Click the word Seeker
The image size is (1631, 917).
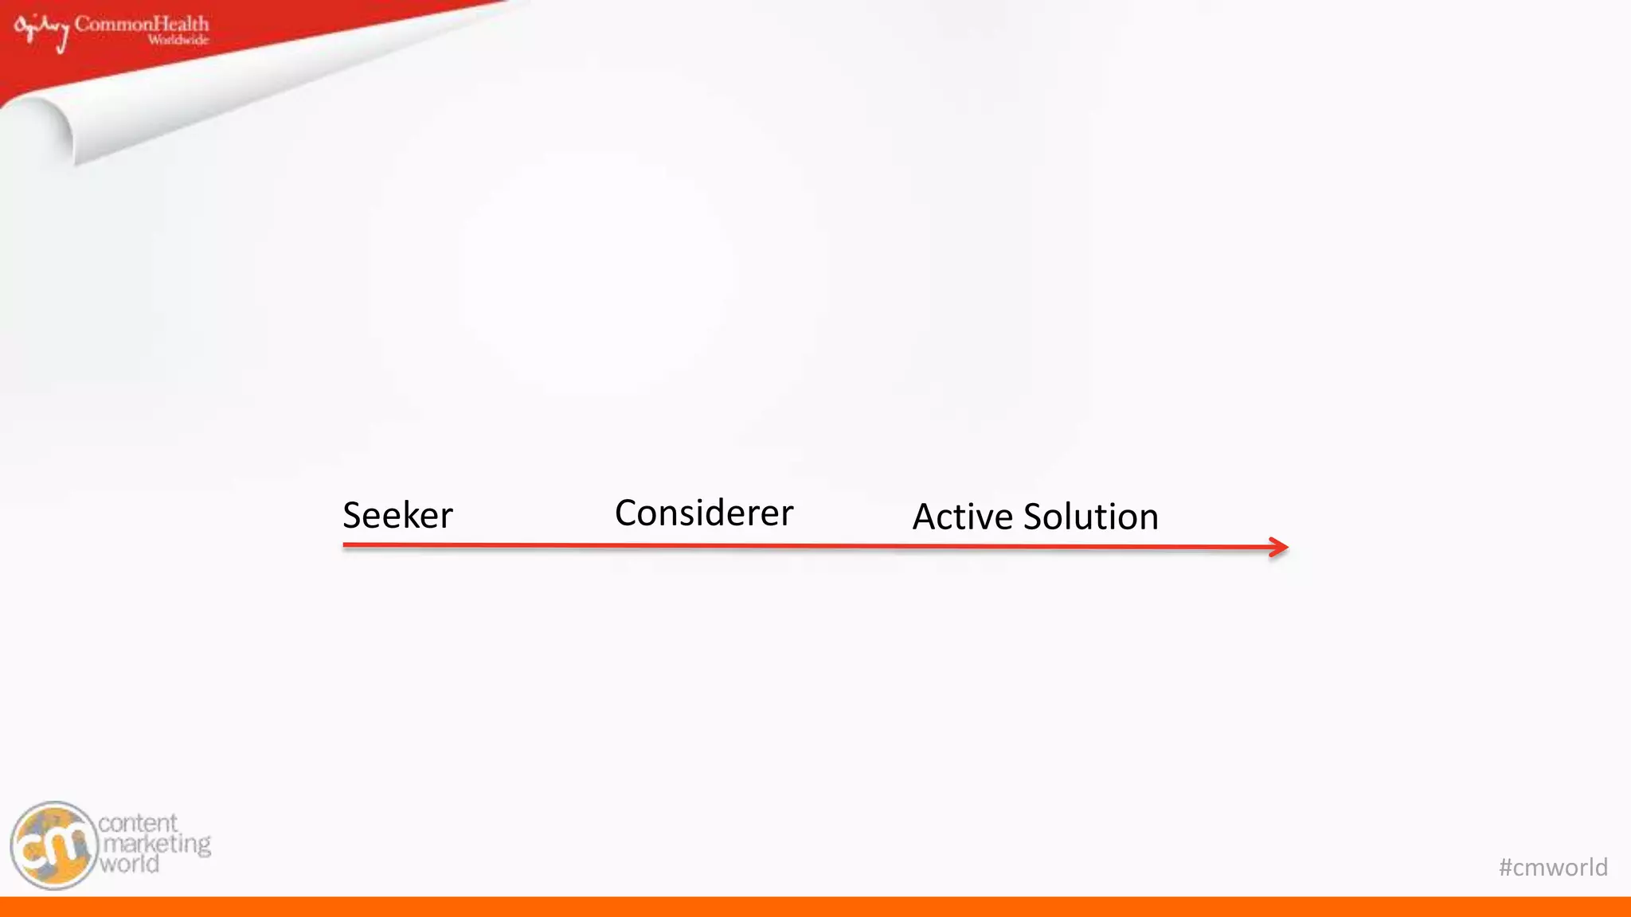pyautogui.click(x=397, y=515)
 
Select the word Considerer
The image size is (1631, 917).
pyautogui.click(x=704, y=513)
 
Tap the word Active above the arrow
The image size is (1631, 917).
pyautogui.click(x=962, y=517)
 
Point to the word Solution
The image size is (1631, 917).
pyautogui.click(x=1090, y=517)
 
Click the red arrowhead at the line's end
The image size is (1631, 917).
pyautogui.click(x=1279, y=548)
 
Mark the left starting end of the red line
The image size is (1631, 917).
pyautogui.click(x=346, y=545)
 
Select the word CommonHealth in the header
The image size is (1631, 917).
pyautogui.click(x=142, y=24)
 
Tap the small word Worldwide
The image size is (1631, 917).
pyautogui.click(x=178, y=40)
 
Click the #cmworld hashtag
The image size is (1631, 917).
pyautogui.click(x=1553, y=867)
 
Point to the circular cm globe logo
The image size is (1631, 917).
pyautogui.click(x=54, y=845)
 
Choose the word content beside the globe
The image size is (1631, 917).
pyautogui.click(x=138, y=823)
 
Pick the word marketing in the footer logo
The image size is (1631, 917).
pyautogui.click(x=157, y=844)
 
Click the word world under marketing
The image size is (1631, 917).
pyautogui.click(x=129, y=864)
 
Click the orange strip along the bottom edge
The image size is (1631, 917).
pyautogui.click(x=815, y=907)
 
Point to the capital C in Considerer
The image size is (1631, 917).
pyautogui.click(x=627, y=513)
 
